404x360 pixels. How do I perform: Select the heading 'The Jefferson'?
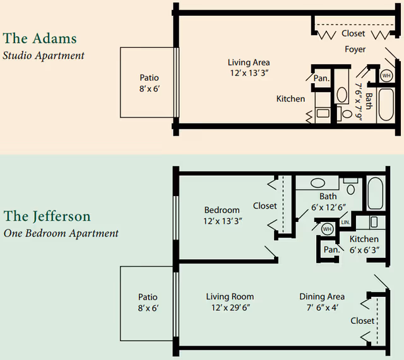47,216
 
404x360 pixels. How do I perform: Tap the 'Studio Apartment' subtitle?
43,55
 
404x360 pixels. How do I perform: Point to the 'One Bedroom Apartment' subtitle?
61,233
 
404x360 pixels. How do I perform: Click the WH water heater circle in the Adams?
386,76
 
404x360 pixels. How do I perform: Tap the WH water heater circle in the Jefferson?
327,229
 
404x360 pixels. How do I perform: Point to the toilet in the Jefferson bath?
351,187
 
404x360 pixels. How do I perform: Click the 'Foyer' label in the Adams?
355,49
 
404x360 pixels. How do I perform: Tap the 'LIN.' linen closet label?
345,223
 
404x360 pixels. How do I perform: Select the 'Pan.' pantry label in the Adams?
321,78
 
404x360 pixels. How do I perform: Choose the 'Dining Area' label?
322,296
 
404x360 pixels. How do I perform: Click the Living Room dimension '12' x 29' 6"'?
230,308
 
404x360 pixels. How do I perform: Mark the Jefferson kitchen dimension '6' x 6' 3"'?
364,250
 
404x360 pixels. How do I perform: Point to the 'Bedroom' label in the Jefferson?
222,210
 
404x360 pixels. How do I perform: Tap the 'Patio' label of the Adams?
149,78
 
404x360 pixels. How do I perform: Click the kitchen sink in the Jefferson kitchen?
374,222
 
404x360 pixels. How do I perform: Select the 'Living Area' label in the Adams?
249,62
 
